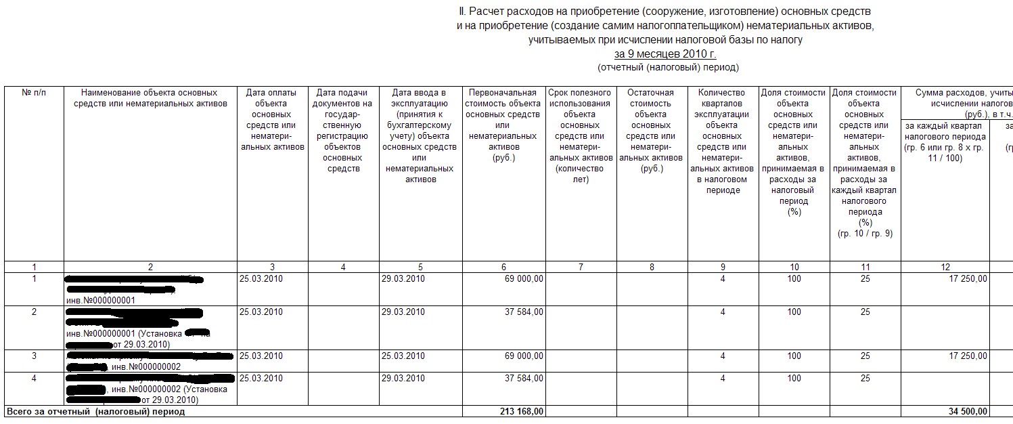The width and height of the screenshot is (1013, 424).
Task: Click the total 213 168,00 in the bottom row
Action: coord(519,411)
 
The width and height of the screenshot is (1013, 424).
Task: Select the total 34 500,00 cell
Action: coord(964,411)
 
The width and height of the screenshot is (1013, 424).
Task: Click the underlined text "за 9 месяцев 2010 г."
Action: coord(665,54)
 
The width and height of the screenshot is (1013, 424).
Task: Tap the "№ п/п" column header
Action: coord(34,93)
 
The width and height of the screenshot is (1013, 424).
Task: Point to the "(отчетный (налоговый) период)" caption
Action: coord(668,67)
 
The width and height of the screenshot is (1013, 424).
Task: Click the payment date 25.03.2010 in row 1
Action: coord(261,278)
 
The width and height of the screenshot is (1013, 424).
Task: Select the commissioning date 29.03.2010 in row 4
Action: coord(403,378)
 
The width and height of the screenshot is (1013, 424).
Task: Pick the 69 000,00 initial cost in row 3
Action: coord(520,356)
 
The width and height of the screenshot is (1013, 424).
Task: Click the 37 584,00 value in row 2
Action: coord(520,312)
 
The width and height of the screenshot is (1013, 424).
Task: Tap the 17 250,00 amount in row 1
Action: coord(964,278)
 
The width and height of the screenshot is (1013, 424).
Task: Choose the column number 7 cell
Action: coord(581,267)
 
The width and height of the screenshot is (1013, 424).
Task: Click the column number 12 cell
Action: coord(945,267)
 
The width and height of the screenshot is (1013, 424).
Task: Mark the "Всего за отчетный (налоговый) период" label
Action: coord(95,411)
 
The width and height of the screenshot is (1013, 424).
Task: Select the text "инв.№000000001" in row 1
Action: coord(100,300)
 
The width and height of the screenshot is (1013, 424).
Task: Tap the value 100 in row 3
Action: coord(794,356)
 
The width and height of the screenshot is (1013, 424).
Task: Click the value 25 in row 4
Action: coord(865,378)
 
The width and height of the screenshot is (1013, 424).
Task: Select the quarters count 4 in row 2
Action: coord(723,312)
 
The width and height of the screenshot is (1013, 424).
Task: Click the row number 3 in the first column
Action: coord(34,356)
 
